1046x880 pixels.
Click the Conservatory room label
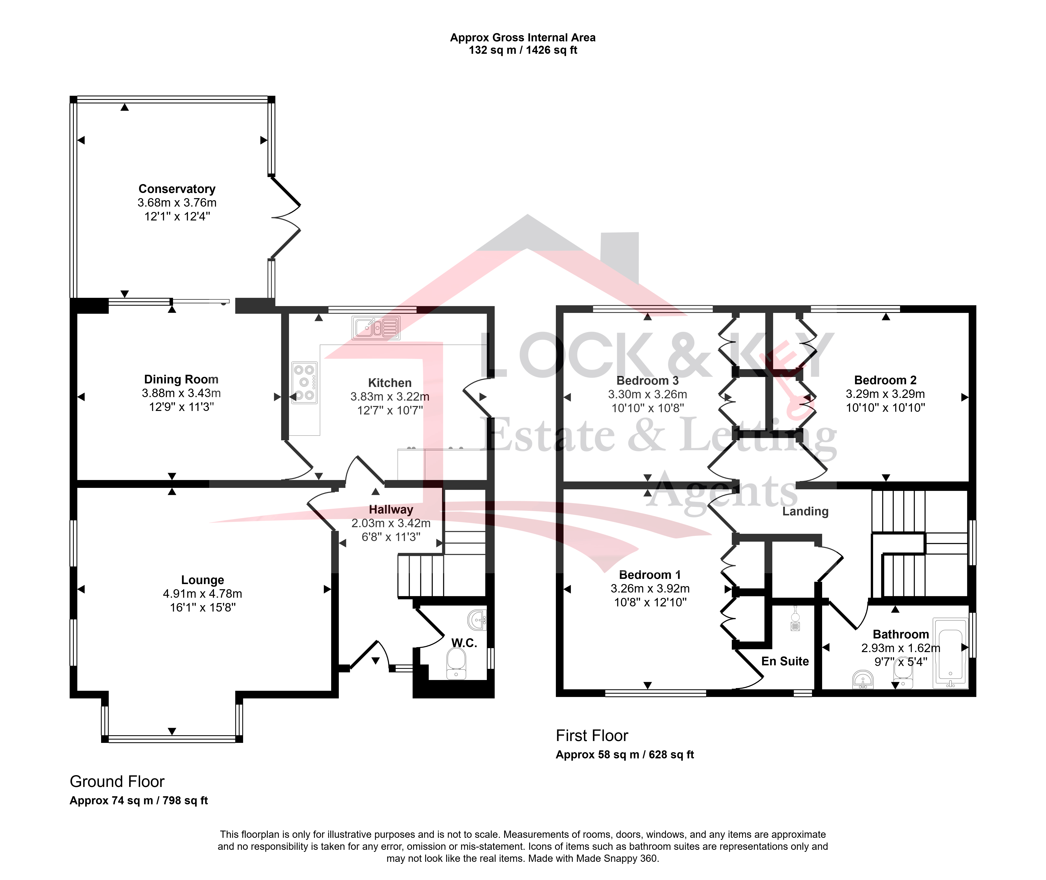point(177,189)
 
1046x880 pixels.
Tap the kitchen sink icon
point(376,328)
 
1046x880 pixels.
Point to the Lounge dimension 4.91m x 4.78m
point(202,594)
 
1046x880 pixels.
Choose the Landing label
point(805,511)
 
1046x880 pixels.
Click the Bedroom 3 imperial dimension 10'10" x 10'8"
point(648,408)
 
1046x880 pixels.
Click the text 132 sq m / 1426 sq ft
point(523,50)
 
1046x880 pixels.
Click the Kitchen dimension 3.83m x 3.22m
point(390,397)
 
